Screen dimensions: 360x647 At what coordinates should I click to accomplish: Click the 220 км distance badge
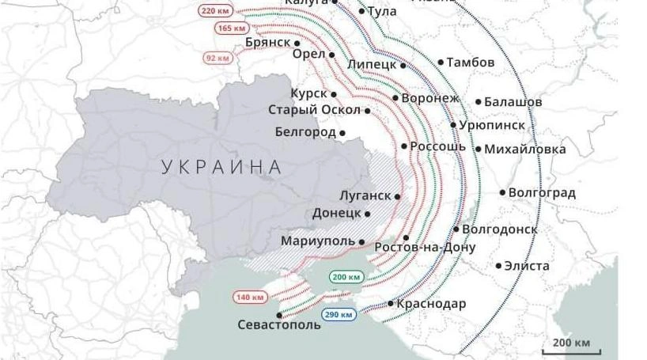pyautogui.click(x=215, y=11)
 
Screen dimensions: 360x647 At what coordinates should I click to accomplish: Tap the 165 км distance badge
pyautogui.click(x=231, y=28)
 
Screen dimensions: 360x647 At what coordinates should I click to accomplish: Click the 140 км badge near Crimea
pyautogui.click(x=250, y=297)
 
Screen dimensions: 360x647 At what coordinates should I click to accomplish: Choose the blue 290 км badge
pyautogui.click(x=339, y=314)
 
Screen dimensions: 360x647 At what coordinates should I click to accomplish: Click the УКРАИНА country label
pyautogui.click(x=221, y=167)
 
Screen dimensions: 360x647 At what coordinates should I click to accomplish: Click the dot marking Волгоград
pyautogui.click(x=502, y=192)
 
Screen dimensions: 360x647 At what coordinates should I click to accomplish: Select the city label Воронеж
pyautogui.click(x=430, y=98)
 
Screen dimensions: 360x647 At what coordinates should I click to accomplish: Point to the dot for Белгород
pyautogui.click(x=342, y=133)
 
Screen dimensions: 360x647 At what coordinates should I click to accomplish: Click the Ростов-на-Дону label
pyautogui.click(x=425, y=248)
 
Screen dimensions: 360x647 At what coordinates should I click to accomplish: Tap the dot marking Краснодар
pyautogui.click(x=391, y=304)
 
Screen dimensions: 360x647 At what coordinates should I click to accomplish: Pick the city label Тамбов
pyautogui.click(x=470, y=63)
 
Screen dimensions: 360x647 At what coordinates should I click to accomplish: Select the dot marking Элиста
pyautogui.click(x=498, y=266)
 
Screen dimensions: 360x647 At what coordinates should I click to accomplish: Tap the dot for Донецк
pyautogui.click(x=368, y=214)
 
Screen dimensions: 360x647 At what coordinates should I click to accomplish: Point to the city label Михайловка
pyautogui.click(x=525, y=149)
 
